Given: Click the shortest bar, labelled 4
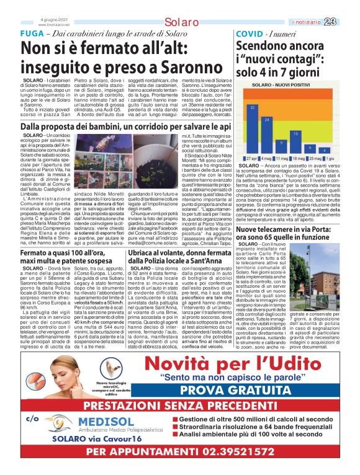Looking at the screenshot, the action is click(x=323, y=151).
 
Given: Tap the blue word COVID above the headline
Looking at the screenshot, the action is click(x=249, y=32).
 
